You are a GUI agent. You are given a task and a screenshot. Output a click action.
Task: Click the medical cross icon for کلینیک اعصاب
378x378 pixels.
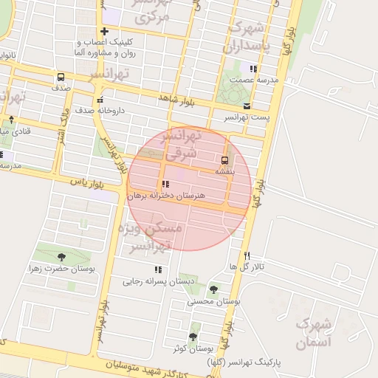104,32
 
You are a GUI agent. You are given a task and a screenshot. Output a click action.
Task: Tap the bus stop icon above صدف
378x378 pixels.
60,77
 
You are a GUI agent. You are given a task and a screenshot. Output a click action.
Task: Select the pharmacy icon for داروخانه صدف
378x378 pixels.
100,100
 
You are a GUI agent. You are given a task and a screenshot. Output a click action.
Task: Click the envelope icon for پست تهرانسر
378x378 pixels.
247,106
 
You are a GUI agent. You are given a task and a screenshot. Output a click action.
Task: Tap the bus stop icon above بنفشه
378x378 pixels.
224,159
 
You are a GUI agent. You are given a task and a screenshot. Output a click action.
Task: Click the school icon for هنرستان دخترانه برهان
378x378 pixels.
163,185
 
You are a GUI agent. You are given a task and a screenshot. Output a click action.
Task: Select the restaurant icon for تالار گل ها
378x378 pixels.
247,254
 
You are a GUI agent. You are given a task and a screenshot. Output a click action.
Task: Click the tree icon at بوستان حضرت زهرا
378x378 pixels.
61,257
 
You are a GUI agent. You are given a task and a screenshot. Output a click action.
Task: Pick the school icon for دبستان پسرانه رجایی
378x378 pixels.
157,269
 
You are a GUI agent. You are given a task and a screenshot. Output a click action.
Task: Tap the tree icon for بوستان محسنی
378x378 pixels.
214,289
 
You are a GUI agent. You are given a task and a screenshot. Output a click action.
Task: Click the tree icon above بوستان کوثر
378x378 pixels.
193,336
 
